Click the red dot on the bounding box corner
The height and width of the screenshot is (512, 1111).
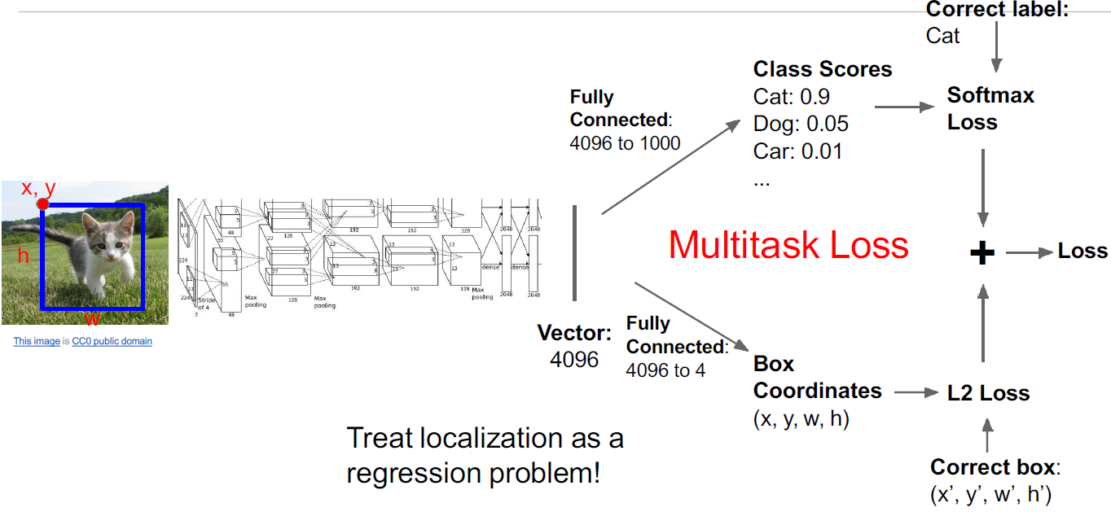pyautogui.click(x=43, y=203)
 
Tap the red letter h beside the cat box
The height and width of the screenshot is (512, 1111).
pyautogui.click(x=23, y=256)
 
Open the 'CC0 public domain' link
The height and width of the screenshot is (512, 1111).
pyautogui.click(x=112, y=341)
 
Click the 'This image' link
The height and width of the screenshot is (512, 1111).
pyautogui.click(x=37, y=341)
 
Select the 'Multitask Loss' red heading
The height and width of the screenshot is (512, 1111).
pyautogui.click(x=788, y=245)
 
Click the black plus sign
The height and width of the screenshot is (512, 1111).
pyautogui.click(x=983, y=253)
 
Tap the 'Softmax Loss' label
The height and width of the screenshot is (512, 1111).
pyautogui.click(x=990, y=108)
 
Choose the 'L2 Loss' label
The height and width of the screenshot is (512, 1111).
pyautogui.click(x=988, y=393)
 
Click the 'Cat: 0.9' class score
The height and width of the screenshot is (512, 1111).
pyautogui.click(x=792, y=97)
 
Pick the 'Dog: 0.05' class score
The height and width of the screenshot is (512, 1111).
pyautogui.click(x=801, y=124)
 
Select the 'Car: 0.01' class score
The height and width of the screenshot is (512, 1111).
pyautogui.click(x=797, y=151)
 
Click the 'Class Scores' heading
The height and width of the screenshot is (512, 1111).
pyautogui.click(x=823, y=69)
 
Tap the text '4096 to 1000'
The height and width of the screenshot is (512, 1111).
pyautogui.click(x=625, y=144)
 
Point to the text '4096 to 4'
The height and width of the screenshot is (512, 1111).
pyautogui.click(x=665, y=370)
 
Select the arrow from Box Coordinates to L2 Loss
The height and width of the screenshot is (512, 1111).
pyautogui.click(x=916, y=393)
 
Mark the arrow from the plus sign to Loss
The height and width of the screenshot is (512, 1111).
pyautogui.click(x=1029, y=252)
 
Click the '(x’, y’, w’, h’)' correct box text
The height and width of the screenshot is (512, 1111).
pyautogui.click(x=995, y=493)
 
